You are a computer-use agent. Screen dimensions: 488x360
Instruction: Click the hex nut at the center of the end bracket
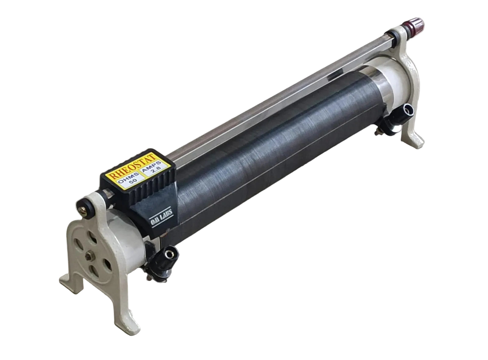point(90,256)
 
